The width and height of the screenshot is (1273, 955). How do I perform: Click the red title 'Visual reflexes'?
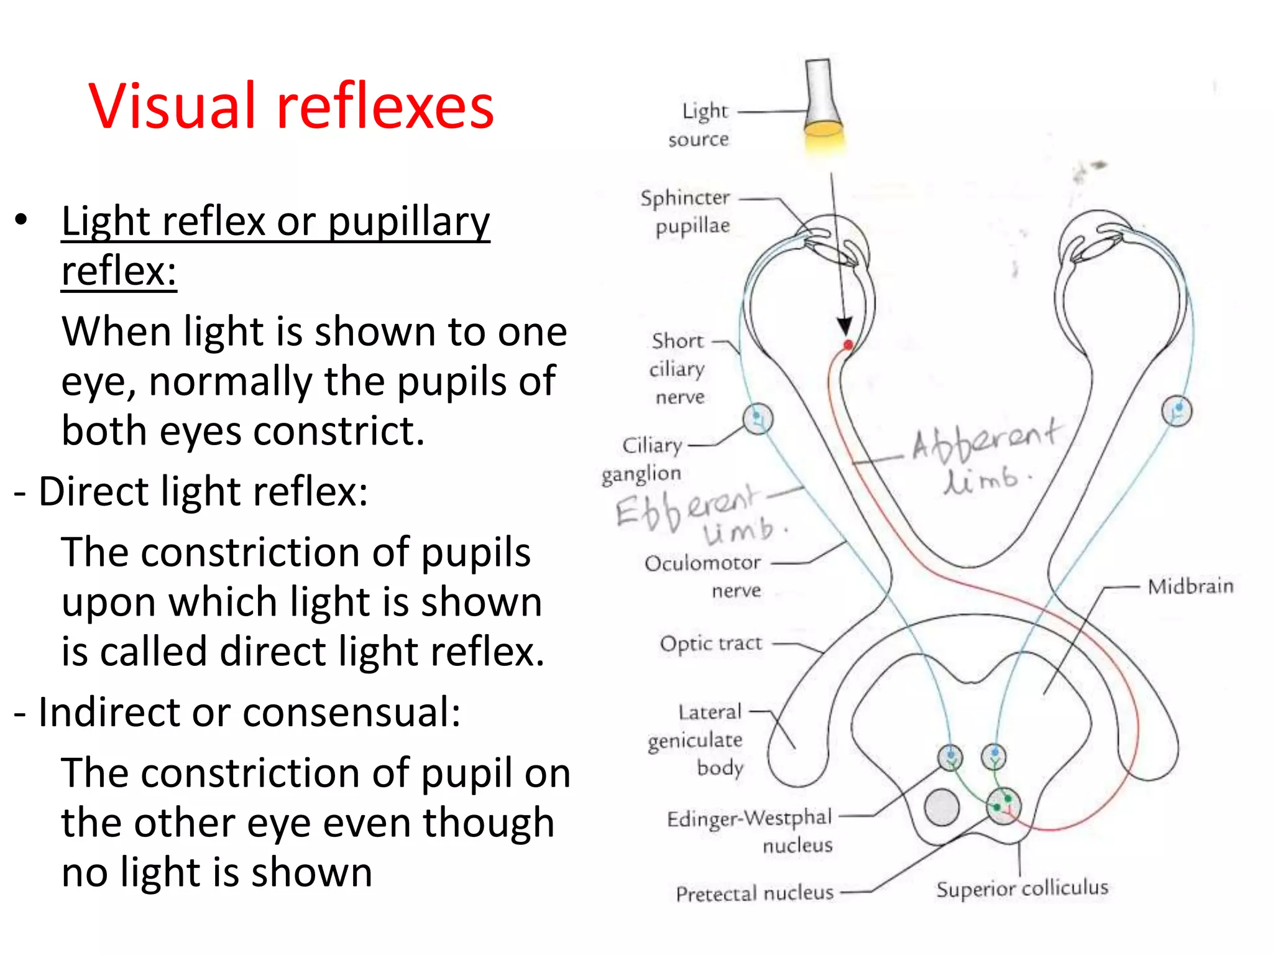click(x=291, y=106)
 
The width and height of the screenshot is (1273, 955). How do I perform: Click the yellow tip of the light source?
click(x=823, y=129)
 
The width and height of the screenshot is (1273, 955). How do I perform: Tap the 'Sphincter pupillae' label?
click(x=686, y=211)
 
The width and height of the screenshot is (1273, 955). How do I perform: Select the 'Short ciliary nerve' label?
click(x=678, y=368)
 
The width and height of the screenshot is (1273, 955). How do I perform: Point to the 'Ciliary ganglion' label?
click(x=643, y=459)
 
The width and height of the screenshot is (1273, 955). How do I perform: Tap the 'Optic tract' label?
click(x=710, y=644)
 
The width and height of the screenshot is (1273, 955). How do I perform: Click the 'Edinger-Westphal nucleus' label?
click(x=750, y=831)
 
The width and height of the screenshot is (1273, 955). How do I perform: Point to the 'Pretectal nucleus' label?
click(x=755, y=893)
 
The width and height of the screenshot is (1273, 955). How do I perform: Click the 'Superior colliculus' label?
click(x=1022, y=888)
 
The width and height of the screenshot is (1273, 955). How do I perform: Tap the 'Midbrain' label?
click(x=1190, y=586)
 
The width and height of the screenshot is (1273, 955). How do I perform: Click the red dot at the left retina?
click(x=848, y=344)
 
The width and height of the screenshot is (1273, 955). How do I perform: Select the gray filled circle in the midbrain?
click(x=942, y=806)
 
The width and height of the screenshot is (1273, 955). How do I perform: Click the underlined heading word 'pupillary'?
click(x=408, y=222)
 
